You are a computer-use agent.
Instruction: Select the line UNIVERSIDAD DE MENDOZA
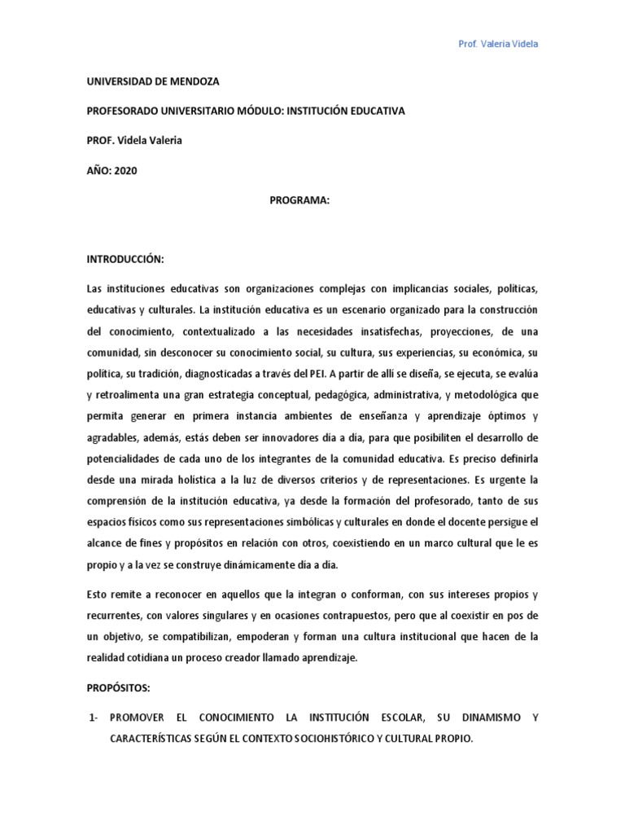click(153, 81)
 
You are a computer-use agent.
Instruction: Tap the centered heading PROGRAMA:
click(299, 199)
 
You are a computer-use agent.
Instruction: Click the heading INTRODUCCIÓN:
click(125, 258)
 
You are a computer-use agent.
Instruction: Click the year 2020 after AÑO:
click(126, 169)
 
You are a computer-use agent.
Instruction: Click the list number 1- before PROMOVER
click(94, 718)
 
